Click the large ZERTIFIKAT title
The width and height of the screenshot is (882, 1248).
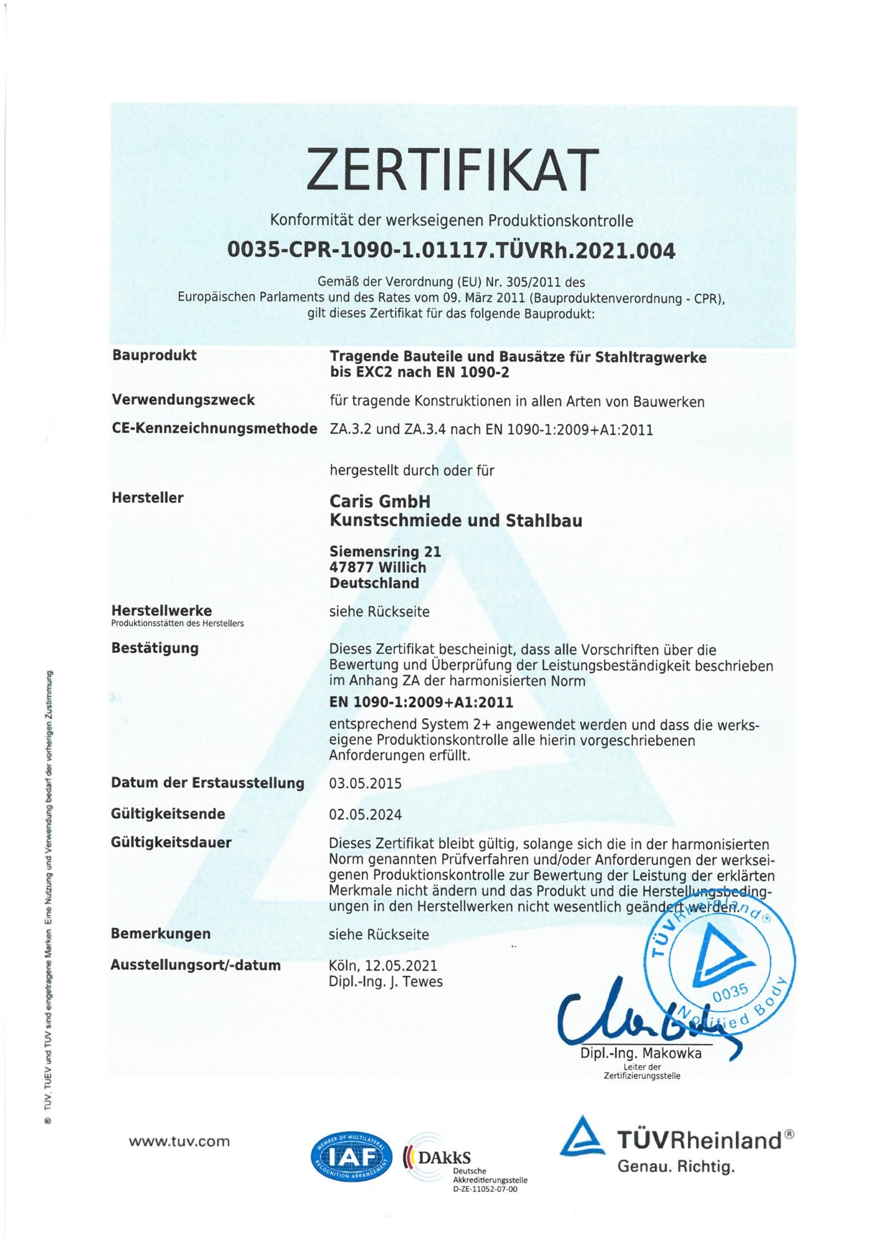(452, 169)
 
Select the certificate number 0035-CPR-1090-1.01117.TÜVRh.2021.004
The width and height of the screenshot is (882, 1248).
(451, 250)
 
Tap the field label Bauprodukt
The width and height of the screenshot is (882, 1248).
(154, 355)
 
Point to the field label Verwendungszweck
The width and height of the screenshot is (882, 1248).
(183, 399)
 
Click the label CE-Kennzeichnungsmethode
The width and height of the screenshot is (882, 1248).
(214, 429)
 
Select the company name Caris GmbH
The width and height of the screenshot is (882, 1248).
(379, 501)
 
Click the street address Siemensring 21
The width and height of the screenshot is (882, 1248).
(385, 552)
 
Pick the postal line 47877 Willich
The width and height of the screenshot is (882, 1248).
(377, 567)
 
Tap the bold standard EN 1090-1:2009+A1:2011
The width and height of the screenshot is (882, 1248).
(421, 702)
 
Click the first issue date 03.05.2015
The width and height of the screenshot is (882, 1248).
(365, 783)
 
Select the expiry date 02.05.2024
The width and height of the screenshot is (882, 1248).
(365, 814)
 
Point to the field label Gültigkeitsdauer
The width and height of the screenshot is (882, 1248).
(171, 842)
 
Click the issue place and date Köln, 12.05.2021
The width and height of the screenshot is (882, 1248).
(383, 965)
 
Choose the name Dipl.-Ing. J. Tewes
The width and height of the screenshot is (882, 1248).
(385, 982)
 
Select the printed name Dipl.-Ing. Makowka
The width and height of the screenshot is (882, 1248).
(641, 1053)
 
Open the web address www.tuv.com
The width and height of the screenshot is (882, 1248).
(179, 1141)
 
